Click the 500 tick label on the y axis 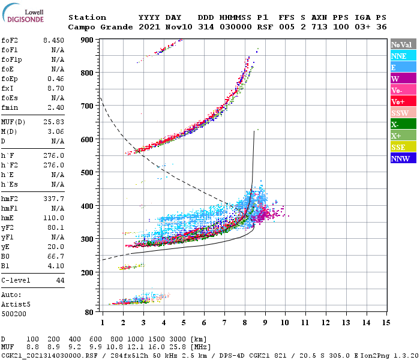click(87, 173)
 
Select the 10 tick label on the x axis click(285, 322)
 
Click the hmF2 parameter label click(11, 199)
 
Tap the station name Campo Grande click(96, 27)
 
